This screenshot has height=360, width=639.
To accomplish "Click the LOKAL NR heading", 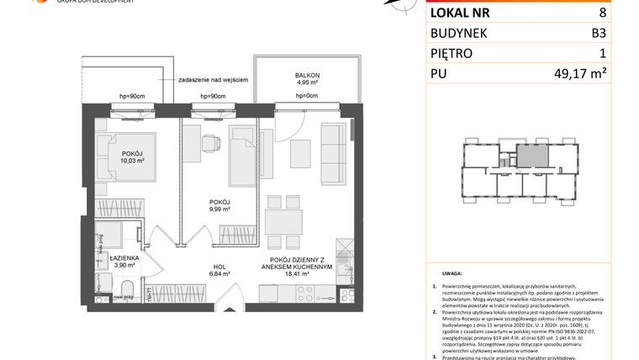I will coord(462,13).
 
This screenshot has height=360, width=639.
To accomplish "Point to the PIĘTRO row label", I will coord(452,54).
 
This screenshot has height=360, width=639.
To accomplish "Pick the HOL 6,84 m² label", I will coord(220,268).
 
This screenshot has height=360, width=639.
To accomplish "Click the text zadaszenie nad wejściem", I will coord(213,79).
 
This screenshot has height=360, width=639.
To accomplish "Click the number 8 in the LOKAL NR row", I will coord(625,13).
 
